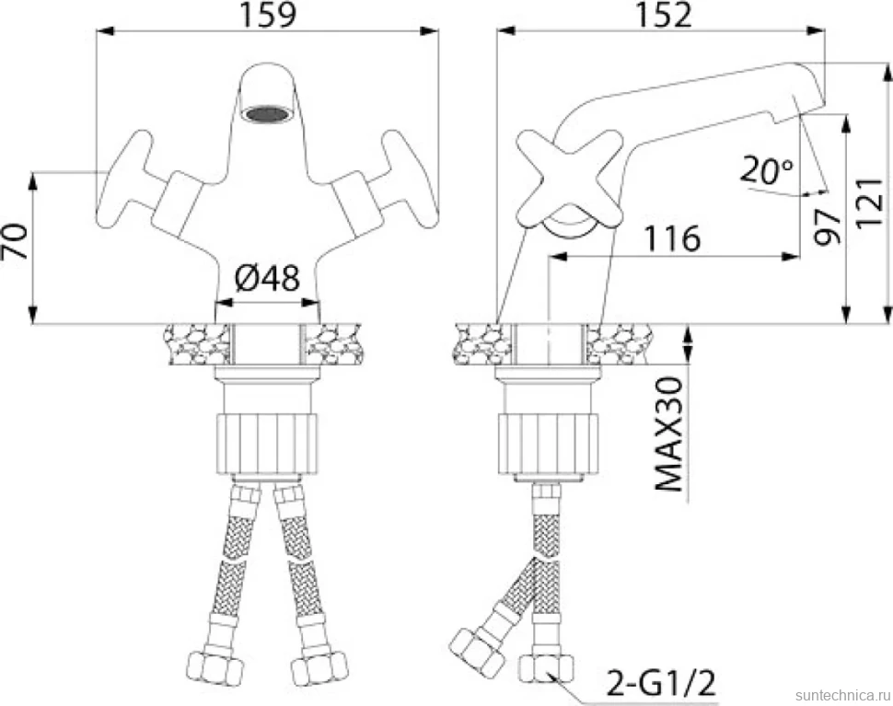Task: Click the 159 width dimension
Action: click(x=268, y=16)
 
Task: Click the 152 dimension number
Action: click(x=663, y=16)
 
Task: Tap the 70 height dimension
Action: click(x=16, y=241)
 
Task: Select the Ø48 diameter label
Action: click(x=267, y=279)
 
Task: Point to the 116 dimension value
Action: click(x=672, y=238)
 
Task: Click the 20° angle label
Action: click(x=767, y=171)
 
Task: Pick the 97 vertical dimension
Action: click(x=827, y=226)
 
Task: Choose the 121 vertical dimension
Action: click(x=870, y=203)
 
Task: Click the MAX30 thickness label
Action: click(x=669, y=434)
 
